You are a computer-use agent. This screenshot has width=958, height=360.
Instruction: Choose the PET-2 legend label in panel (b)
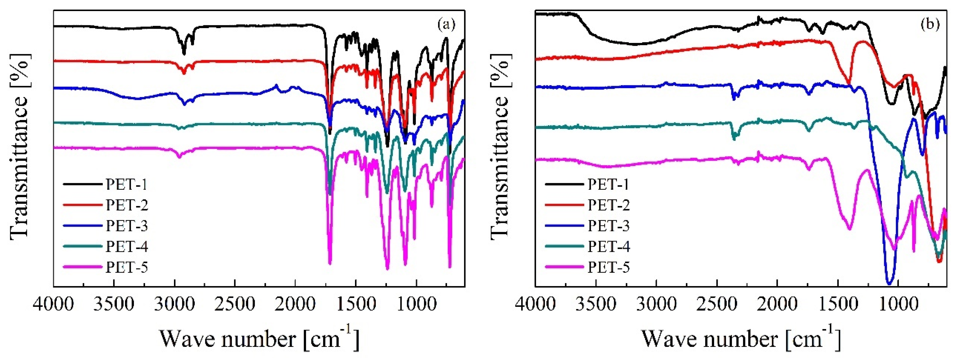click(x=609, y=205)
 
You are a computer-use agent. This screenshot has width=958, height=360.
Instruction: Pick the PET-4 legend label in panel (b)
click(x=609, y=247)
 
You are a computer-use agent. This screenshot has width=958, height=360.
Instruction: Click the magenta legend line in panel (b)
click(x=564, y=267)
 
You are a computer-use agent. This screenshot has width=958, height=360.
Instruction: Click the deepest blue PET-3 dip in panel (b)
click(x=890, y=283)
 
